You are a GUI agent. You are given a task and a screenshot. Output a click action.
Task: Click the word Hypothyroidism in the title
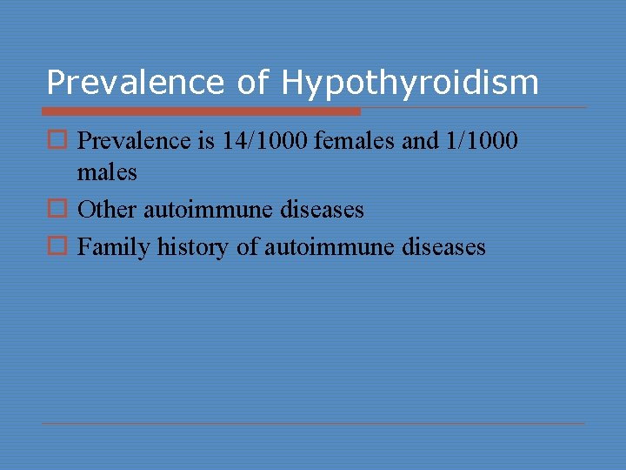410,84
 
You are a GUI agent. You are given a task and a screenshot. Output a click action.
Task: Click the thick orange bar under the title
201,111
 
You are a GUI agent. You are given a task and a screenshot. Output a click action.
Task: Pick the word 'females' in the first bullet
351,141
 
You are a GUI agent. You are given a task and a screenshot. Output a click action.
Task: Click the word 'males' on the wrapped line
107,173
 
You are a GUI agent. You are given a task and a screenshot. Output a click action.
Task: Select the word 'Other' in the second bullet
108,210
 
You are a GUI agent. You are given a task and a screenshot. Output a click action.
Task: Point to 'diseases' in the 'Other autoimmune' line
323,210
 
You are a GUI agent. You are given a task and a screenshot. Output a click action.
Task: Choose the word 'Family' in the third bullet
115,248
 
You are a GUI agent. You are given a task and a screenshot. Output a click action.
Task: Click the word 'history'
194,248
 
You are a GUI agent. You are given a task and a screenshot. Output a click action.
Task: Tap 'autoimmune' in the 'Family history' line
330,248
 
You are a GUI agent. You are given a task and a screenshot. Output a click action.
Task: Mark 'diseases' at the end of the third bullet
445,248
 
